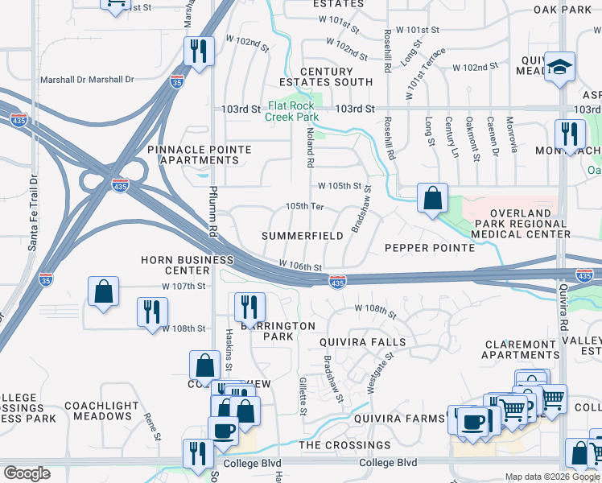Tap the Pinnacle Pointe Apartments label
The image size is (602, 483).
[x=200, y=155]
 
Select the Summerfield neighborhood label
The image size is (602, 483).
[x=303, y=236]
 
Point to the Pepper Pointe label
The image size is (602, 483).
[x=430, y=248]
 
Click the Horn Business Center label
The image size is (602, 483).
[x=187, y=266]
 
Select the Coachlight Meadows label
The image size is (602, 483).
[x=102, y=411]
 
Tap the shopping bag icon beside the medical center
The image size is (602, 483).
[x=432, y=197]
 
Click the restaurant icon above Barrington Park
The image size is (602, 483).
[x=249, y=307]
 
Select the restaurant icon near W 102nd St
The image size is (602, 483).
[x=197, y=52]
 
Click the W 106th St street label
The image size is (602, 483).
[x=300, y=266]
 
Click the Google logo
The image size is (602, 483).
[x=27, y=473]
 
